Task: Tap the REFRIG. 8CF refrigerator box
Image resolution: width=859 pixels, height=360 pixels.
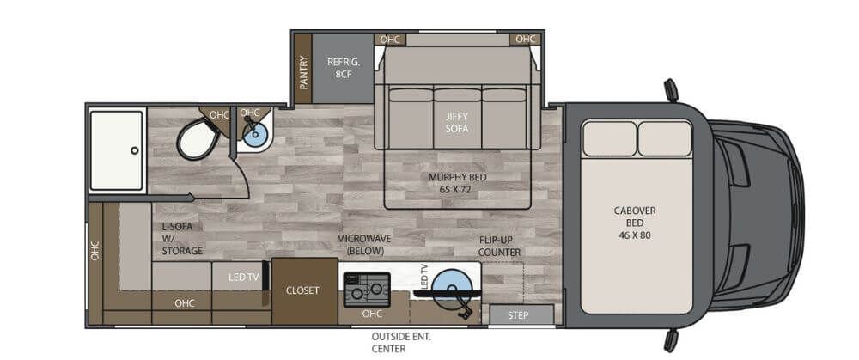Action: (x=341, y=68)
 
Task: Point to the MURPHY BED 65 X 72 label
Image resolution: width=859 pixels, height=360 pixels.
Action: (x=455, y=182)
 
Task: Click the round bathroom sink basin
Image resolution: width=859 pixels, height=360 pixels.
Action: (x=253, y=133)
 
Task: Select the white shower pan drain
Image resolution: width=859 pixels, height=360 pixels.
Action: (x=134, y=150)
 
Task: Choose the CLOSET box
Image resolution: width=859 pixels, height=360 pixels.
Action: (x=302, y=290)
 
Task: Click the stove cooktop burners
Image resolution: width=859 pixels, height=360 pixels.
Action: (x=366, y=290)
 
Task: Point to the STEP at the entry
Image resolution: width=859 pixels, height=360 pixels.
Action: (x=518, y=315)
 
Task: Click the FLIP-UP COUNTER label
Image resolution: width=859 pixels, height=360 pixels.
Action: (x=500, y=246)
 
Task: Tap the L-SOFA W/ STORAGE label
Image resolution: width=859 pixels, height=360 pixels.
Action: (x=182, y=239)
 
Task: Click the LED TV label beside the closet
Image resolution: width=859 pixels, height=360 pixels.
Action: (x=243, y=276)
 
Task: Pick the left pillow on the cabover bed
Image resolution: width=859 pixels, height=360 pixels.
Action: (x=608, y=137)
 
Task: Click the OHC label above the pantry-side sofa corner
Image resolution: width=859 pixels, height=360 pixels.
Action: (x=390, y=39)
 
